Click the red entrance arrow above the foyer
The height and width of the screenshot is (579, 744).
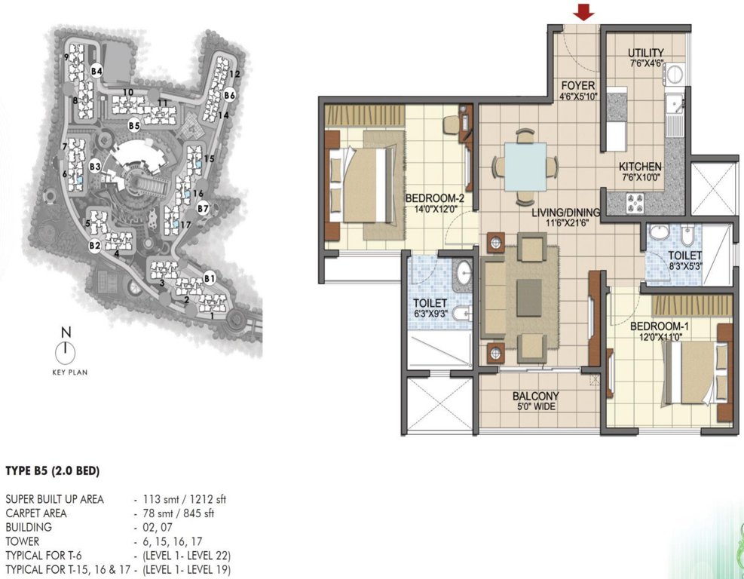tap(583, 13)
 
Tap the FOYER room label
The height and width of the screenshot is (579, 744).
tap(578, 85)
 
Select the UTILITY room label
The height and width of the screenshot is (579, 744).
tap(646, 53)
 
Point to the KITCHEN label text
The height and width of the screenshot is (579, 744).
tap(640, 167)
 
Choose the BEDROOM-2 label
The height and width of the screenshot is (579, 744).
tap(428, 199)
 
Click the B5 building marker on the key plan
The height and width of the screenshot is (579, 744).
tap(134, 125)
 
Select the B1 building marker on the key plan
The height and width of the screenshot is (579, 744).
tap(210, 279)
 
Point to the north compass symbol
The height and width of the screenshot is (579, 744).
tap(66, 348)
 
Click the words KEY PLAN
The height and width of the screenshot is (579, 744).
tap(66, 371)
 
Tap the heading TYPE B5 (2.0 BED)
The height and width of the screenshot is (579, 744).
tap(52, 471)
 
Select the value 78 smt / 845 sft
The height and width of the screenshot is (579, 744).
tap(179, 513)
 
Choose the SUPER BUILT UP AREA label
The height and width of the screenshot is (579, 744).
tap(54, 499)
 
